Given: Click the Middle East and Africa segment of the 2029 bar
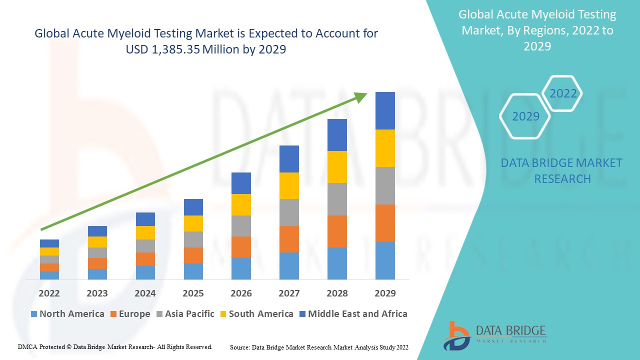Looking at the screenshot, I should tap(385, 110).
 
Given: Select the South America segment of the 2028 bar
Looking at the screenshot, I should tap(337, 166).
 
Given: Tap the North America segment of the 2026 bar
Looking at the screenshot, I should tap(241, 268).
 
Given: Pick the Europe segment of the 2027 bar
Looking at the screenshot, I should tap(289, 239).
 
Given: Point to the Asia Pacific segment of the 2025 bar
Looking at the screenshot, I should tap(193, 239).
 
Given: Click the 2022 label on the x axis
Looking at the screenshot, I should tap(49, 293).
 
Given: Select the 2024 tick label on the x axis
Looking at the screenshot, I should tap(145, 293).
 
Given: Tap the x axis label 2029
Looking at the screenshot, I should tap(385, 293).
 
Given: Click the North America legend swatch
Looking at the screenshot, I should tap(34, 314).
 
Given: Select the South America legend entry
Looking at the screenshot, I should tap(256, 314).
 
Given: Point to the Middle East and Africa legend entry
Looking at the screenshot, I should tap(353, 314).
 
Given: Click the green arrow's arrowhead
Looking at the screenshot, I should tap(361, 96).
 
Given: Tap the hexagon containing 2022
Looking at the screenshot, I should tap(563, 93).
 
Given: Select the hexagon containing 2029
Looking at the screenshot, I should tap(525, 116).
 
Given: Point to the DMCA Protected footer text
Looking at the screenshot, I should tap(115, 346).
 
